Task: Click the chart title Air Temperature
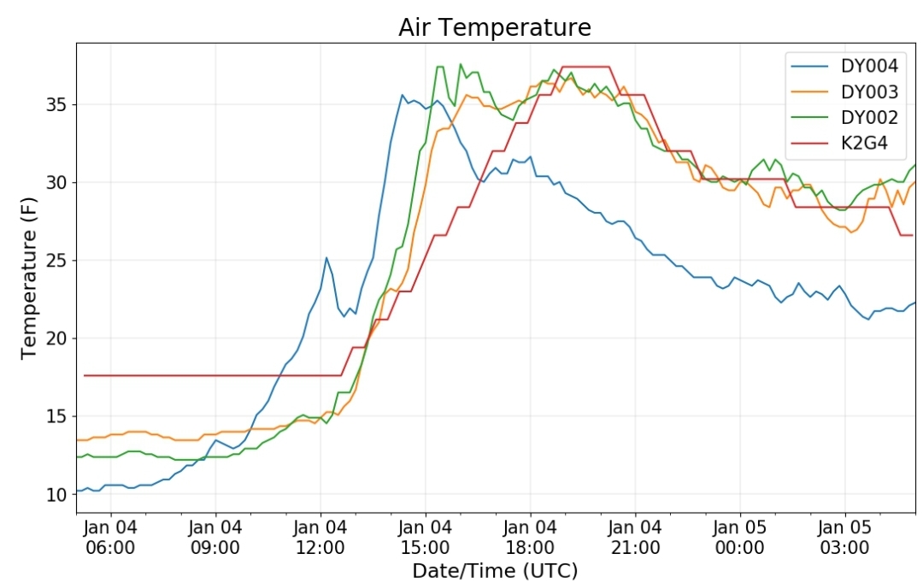(495, 27)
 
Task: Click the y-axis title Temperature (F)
(28, 278)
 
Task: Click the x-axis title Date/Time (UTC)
(495, 570)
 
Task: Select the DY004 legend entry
(844, 66)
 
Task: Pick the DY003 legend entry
(844, 91)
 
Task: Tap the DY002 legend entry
(844, 118)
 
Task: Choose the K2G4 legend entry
(839, 143)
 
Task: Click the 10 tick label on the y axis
(57, 495)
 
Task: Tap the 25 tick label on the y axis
(57, 261)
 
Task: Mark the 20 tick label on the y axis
(57, 339)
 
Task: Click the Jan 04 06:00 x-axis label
(110, 537)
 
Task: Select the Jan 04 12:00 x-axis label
(320, 537)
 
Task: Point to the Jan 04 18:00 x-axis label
(530, 537)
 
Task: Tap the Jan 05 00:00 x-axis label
(740, 537)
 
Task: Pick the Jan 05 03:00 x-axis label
(844, 537)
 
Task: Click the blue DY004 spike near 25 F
(326, 257)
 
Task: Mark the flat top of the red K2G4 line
(585, 67)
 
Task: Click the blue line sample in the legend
(809, 66)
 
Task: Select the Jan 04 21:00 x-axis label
(635, 537)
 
